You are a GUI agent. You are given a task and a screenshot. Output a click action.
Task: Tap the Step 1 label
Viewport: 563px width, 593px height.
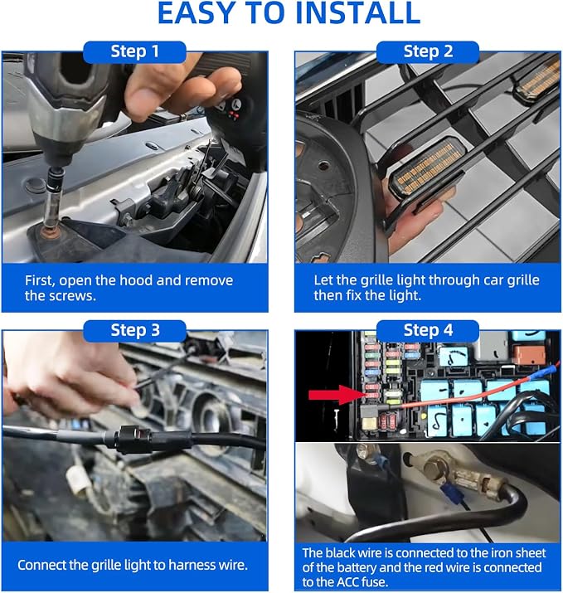tap(134, 51)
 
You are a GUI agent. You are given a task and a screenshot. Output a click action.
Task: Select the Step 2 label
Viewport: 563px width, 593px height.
tap(428, 51)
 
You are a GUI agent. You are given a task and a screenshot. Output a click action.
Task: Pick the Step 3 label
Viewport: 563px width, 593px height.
tap(134, 331)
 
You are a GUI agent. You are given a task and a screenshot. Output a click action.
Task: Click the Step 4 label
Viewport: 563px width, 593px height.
tap(428, 331)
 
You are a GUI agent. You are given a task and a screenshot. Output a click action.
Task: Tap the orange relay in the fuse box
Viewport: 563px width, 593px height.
tap(529, 354)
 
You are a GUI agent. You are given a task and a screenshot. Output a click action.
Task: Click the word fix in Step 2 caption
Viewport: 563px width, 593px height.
tap(353, 295)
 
